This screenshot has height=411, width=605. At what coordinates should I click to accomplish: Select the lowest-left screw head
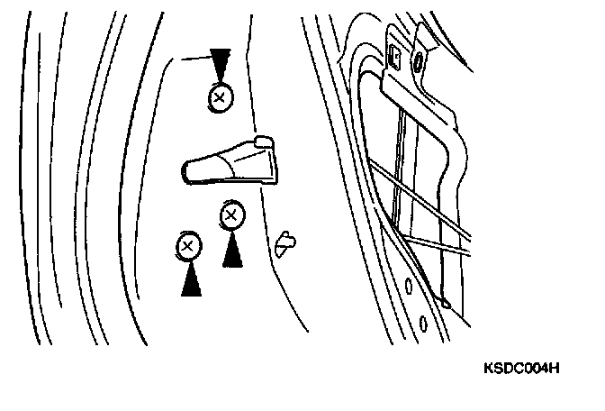(188, 245)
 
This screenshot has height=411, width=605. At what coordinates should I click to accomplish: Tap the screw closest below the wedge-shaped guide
(231, 215)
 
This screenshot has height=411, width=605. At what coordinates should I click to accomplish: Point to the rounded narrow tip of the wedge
(186, 169)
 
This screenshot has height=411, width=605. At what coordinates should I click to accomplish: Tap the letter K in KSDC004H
(488, 370)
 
